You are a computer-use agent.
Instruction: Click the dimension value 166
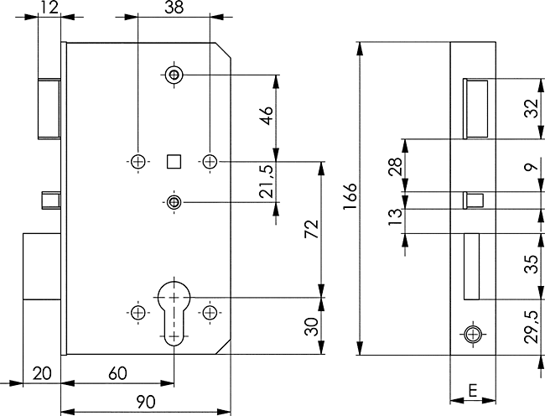tap(350, 199)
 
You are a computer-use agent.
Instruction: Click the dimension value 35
tap(530, 265)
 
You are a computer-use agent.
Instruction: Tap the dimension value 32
tap(530, 108)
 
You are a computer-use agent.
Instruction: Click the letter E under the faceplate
tap(473, 391)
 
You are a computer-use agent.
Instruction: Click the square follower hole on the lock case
tap(174, 160)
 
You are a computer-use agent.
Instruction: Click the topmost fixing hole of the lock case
tap(174, 75)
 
